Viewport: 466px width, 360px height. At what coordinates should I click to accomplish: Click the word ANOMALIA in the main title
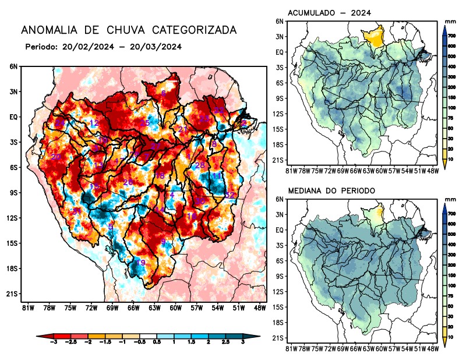49,30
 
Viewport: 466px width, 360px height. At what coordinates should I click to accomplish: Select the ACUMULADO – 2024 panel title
330,13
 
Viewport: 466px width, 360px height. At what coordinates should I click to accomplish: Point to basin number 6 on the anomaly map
164,93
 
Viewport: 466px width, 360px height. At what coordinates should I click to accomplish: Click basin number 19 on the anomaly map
140,263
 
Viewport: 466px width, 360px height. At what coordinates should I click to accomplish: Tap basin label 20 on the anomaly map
56,157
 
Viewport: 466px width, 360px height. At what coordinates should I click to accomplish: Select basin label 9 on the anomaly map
163,242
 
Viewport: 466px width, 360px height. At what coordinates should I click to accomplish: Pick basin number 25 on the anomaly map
145,123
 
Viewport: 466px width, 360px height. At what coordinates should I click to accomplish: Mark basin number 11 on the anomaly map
216,176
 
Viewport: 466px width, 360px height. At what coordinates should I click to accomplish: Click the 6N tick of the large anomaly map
13,67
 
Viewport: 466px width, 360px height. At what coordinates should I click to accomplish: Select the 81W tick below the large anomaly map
27,308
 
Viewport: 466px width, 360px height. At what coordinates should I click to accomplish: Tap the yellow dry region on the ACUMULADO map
374,38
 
